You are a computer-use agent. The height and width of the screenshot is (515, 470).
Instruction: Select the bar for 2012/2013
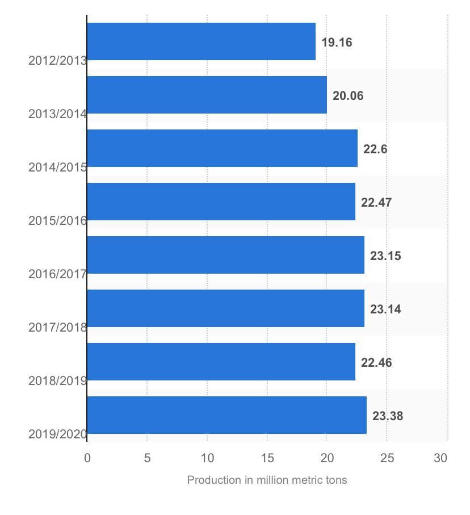click(x=201, y=41)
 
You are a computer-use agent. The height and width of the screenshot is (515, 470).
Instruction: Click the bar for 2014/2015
click(x=222, y=148)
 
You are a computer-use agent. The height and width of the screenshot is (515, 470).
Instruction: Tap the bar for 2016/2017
click(x=225, y=255)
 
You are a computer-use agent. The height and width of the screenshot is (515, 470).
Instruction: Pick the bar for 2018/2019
click(x=221, y=362)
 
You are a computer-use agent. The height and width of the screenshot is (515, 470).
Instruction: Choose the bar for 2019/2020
click(x=226, y=415)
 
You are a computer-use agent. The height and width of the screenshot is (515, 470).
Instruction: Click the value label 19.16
click(x=337, y=43)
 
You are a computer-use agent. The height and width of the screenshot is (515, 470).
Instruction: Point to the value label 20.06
click(x=348, y=96)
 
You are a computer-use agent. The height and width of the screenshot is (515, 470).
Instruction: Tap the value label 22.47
click(x=376, y=203)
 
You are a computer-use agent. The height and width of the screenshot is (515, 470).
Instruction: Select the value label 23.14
click(x=385, y=309)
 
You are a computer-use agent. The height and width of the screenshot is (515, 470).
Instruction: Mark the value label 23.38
click(x=388, y=416)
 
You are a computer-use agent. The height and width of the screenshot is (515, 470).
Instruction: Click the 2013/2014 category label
click(x=57, y=114)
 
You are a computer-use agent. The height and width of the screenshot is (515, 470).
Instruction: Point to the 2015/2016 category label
click(x=57, y=220)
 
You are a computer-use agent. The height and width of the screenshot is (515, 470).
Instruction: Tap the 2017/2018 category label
click(x=57, y=327)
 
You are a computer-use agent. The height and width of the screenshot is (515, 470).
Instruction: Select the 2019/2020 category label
click(x=57, y=434)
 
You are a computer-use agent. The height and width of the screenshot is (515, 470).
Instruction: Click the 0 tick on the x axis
click(x=87, y=458)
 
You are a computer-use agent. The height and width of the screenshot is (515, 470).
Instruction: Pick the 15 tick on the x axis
click(x=267, y=458)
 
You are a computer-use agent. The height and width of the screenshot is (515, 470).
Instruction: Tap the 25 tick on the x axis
click(x=387, y=458)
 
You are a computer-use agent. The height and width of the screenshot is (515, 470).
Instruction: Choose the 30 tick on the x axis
click(x=441, y=458)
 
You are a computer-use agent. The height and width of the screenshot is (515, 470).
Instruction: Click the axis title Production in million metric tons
click(x=267, y=480)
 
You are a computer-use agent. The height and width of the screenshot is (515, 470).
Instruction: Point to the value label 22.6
click(x=375, y=149)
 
